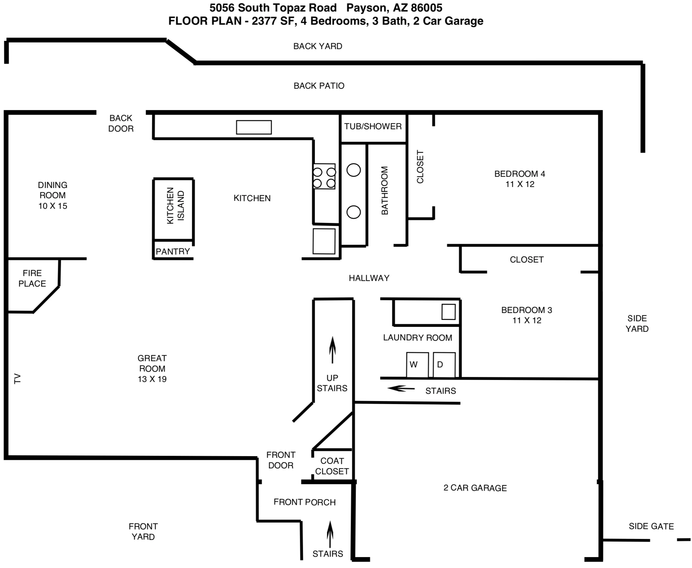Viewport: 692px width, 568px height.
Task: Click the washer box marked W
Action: coord(417,365)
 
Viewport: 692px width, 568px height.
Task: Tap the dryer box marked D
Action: coord(444,365)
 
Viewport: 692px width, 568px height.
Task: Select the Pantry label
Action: coord(173,252)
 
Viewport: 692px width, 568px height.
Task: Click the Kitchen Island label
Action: coord(175,206)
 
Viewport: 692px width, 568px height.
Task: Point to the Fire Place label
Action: coord(32,278)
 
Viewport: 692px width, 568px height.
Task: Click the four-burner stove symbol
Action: coord(324,176)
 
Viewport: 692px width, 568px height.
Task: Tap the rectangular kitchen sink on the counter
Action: coord(254,127)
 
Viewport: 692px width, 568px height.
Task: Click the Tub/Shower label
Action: coord(373,126)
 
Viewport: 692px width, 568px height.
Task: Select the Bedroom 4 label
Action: coord(520,179)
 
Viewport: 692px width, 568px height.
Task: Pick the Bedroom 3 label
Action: coord(527,315)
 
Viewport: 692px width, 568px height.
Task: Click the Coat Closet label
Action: coord(332,466)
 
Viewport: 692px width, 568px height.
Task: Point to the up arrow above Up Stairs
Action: coord(332,350)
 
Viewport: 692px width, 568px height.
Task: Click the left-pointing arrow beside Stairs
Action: coord(401,389)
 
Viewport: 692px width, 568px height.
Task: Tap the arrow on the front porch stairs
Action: coord(330,534)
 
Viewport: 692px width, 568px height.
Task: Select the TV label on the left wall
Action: coord(17,379)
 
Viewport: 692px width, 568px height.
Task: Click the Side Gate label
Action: coord(651,526)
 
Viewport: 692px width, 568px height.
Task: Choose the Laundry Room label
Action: coord(418,338)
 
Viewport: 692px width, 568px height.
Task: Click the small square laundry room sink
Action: coord(448,312)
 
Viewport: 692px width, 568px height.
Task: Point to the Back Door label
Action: coord(121,123)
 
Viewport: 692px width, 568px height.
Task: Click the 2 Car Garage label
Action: coord(475,488)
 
